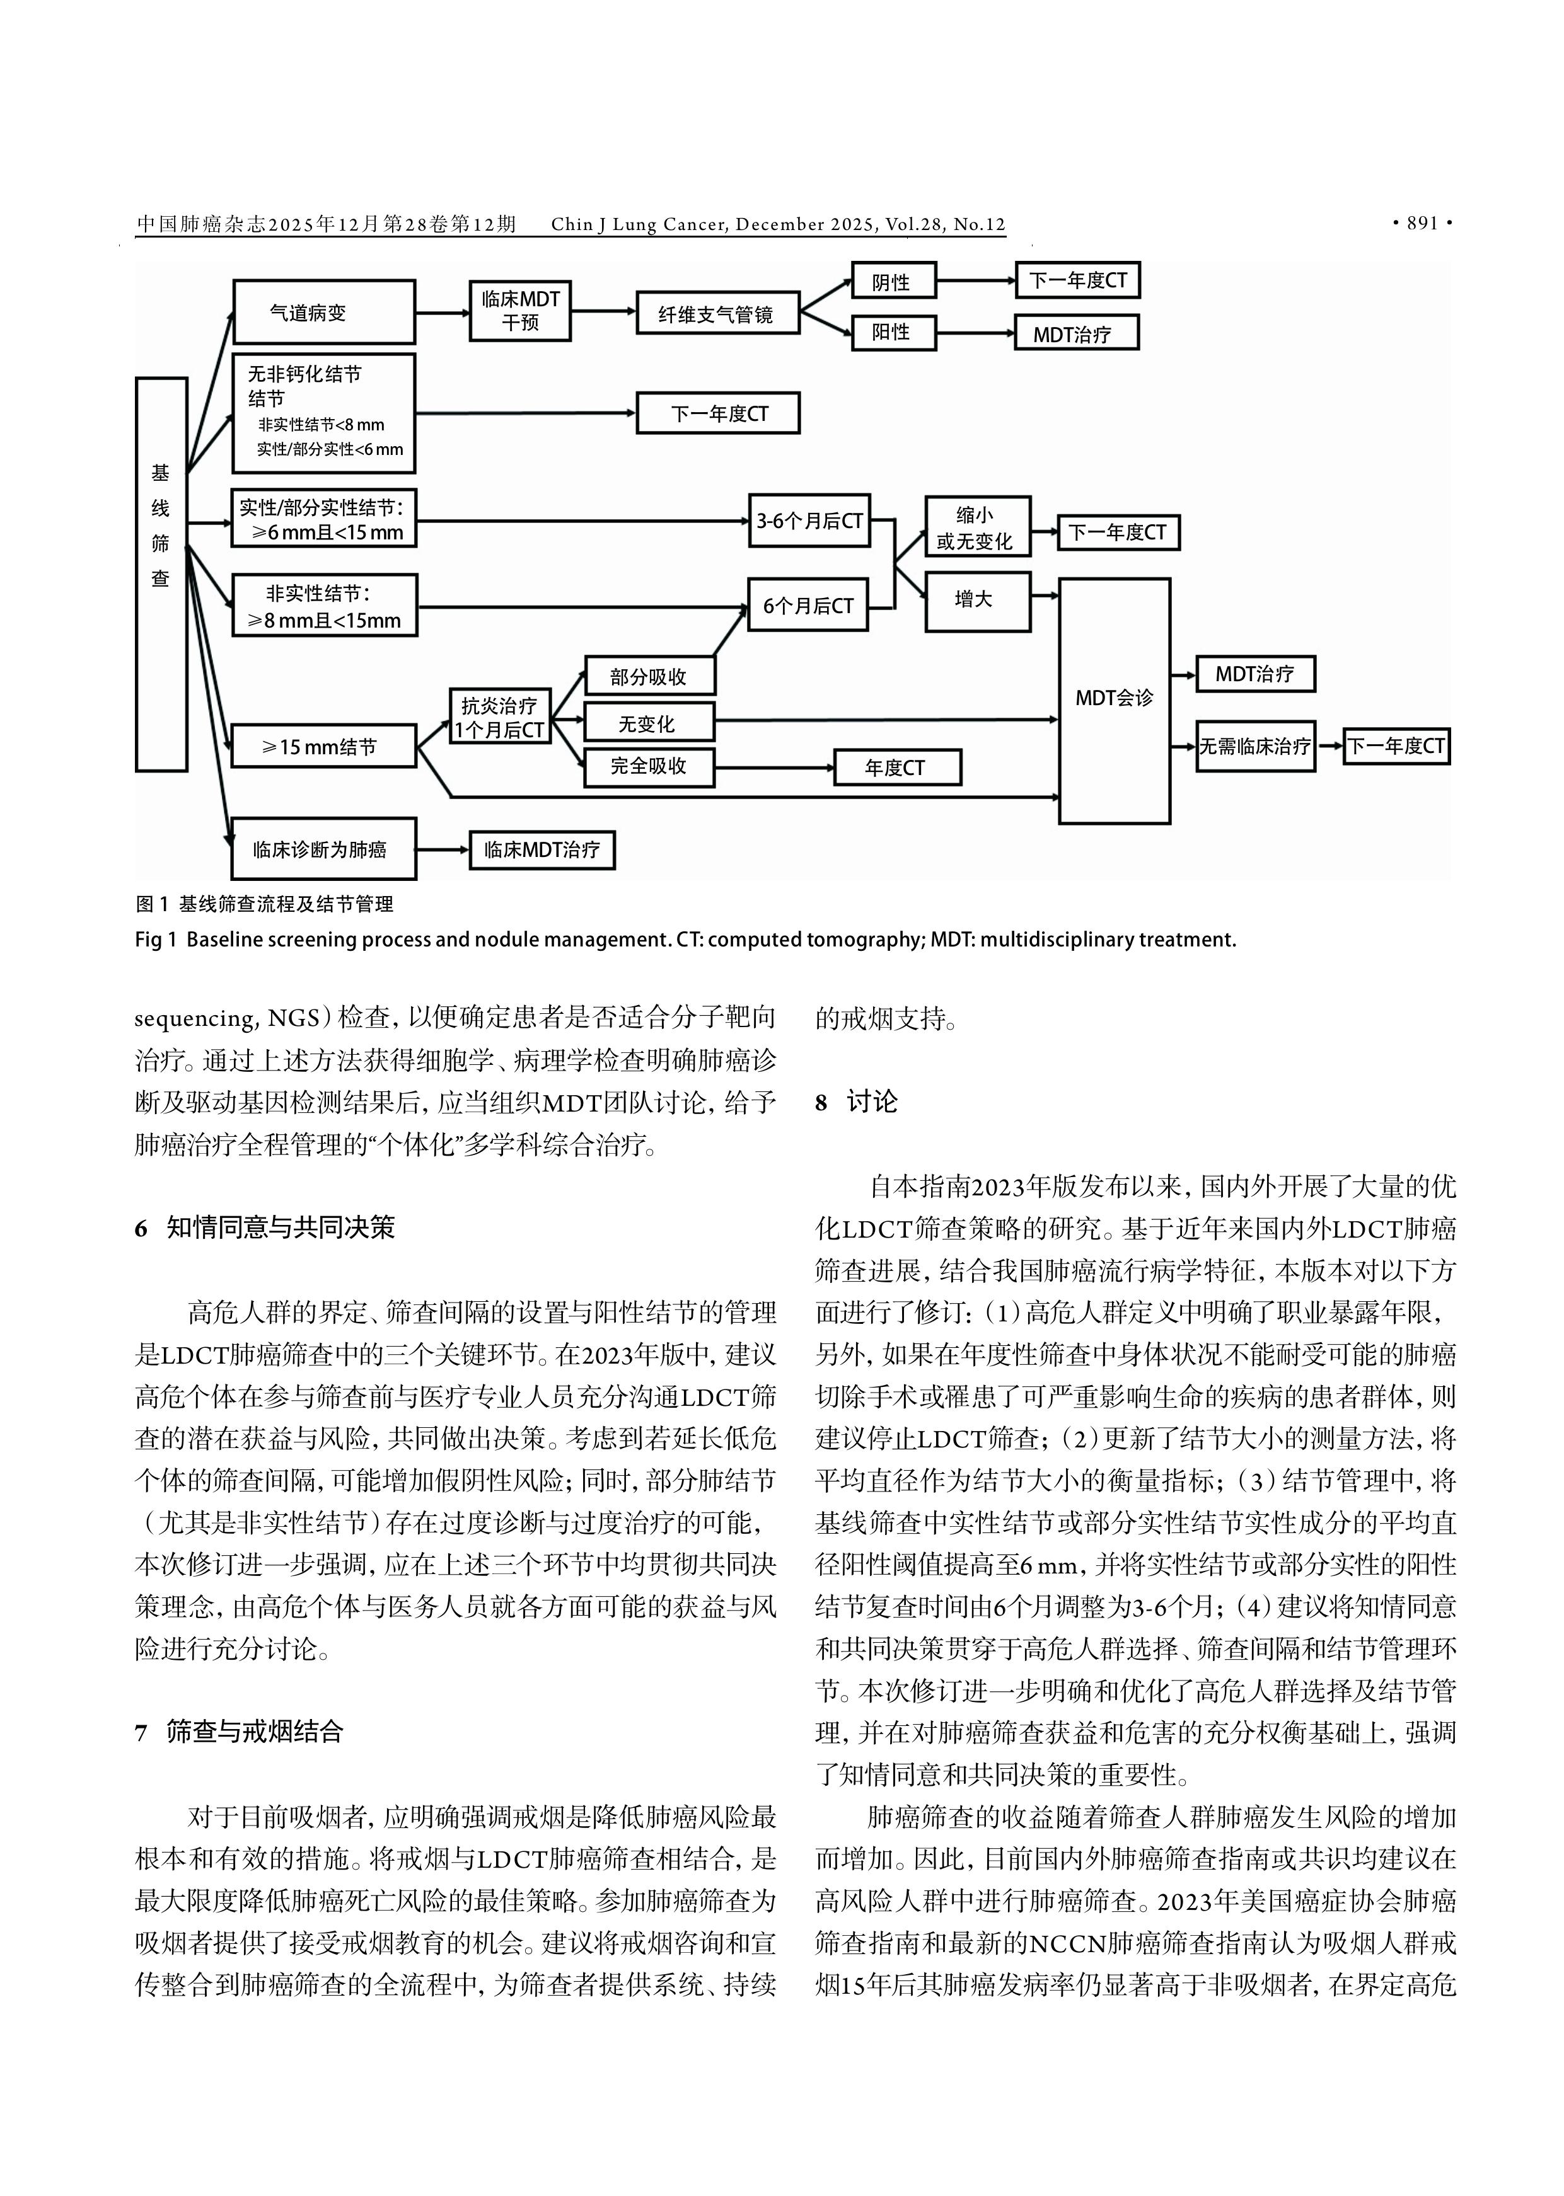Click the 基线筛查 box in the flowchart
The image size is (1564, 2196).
pyautogui.click(x=161, y=574)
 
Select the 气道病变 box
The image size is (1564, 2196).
pyautogui.click(x=323, y=312)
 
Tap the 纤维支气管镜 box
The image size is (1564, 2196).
pyautogui.click(x=717, y=314)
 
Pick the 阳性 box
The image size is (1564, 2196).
pyautogui.click(x=893, y=332)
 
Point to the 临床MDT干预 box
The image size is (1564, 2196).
pyautogui.click(x=520, y=311)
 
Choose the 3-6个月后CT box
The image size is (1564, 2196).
pyautogui.click(x=809, y=521)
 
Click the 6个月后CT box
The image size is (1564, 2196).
pyautogui.click(x=808, y=606)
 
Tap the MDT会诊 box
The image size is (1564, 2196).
pyautogui.click(x=1115, y=700)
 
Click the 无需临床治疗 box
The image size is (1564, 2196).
pyautogui.click(x=1255, y=746)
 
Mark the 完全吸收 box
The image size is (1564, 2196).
pyautogui.click(x=649, y=766)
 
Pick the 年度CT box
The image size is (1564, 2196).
pyautogui.click(x=896, y=767)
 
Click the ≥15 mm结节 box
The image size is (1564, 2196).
pyautogui.click(x=323, y=746)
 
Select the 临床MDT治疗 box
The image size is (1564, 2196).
pyautogui.click(x=542, y=850)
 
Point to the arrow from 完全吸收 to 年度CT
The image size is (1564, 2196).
pyautogui.click(x=774, y=767)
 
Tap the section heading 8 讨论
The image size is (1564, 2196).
pyautogui.click(x=856, y=1102)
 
